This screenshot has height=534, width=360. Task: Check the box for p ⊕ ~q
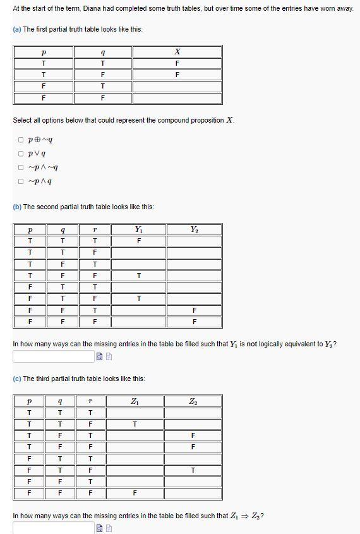coord(21,140)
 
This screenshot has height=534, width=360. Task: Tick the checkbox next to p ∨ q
coord(21,154)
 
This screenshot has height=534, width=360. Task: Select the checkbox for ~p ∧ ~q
coord(21,167)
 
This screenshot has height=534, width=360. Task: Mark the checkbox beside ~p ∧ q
coord(21,182)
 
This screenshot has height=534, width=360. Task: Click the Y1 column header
coord(138,229)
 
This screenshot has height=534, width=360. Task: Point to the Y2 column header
coord(193,229)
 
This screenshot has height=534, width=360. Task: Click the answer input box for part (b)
coord(53,356)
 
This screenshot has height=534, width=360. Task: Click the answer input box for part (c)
coord(53,528)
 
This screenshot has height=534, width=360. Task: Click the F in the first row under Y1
coord(138,241)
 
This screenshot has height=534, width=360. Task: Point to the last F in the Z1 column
coord(134,492)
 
